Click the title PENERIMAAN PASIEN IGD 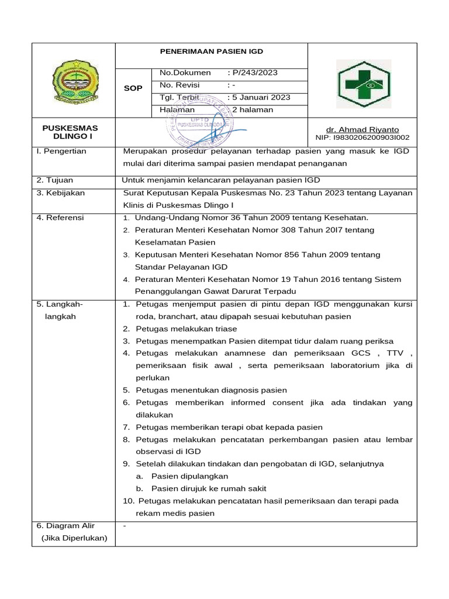pos(211,51)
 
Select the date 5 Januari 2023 pos(261,98)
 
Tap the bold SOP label pos(133,88)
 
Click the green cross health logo pos(363,85)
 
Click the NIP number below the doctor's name pos(362,138)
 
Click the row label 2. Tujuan pos(56,180)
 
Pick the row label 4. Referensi pos(60,218)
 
